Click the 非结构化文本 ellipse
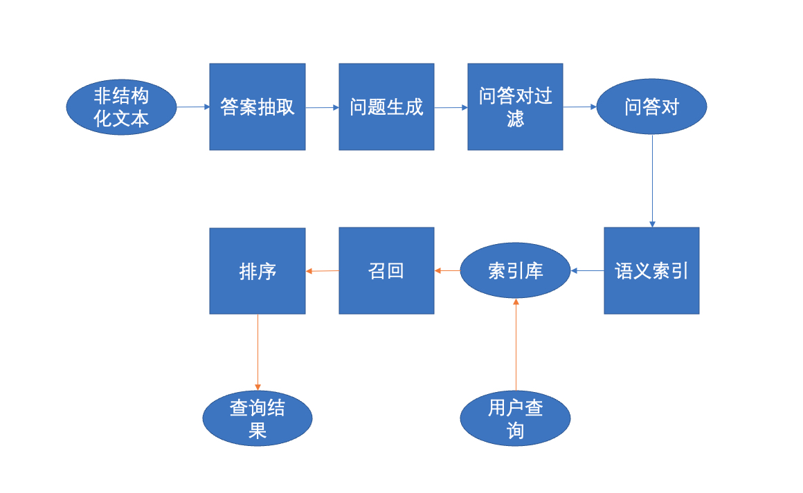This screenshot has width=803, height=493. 121,107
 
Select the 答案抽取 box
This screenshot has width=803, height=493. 258,107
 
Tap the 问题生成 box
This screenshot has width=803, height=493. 386,107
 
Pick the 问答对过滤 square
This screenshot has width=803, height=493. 515,107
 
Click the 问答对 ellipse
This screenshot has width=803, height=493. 651,107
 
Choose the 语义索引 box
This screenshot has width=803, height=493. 651,270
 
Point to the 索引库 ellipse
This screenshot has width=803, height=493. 515,270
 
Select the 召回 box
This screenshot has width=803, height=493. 386,270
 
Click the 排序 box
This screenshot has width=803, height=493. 258,270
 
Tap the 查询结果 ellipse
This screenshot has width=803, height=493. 258,419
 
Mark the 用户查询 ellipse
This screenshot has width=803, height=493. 515,419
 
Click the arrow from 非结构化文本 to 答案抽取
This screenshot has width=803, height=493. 193,107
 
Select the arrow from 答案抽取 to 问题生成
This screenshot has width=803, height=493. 322,107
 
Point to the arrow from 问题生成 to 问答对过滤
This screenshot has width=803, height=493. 451,107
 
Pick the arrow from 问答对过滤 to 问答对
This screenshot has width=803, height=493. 579,107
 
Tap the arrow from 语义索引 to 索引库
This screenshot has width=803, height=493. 587,270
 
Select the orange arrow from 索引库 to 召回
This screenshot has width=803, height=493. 447,270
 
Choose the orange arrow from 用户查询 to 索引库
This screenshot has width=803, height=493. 516,346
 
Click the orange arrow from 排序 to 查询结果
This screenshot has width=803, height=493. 258,353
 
